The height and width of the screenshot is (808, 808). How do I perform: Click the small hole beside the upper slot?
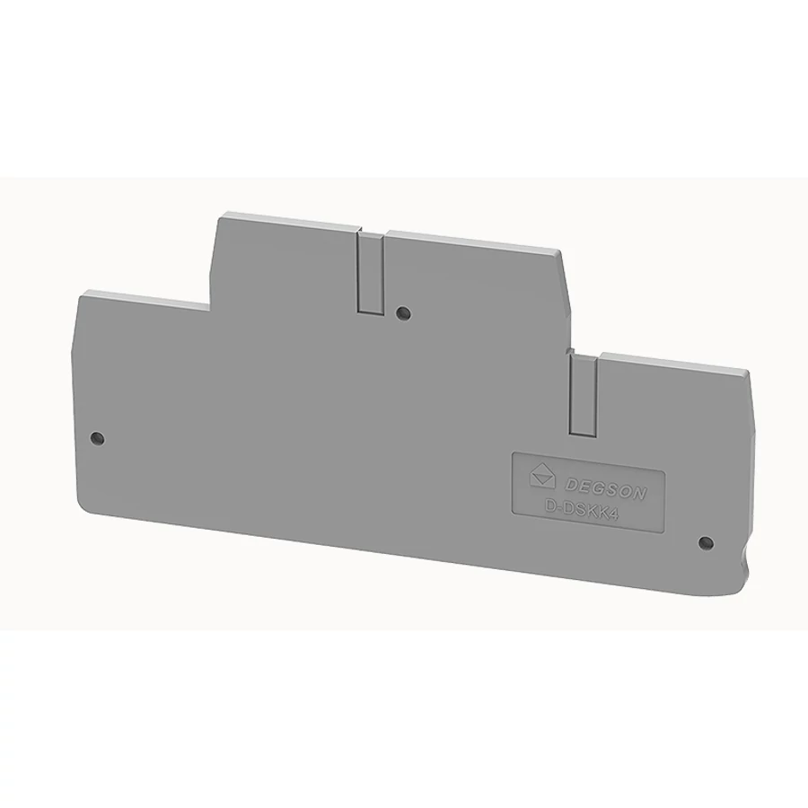[403, 312]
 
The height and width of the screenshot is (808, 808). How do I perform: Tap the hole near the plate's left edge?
[97, 438]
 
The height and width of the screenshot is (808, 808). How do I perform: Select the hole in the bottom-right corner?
[706, 542]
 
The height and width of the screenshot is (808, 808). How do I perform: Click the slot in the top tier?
[370, 273]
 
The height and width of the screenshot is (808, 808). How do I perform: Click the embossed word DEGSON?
[605, 488]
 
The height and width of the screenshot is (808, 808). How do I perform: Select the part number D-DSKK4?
[581, 510]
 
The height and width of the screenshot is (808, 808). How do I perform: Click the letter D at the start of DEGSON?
[572, 483]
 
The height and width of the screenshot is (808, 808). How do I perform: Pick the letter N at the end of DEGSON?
[639, 494]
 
